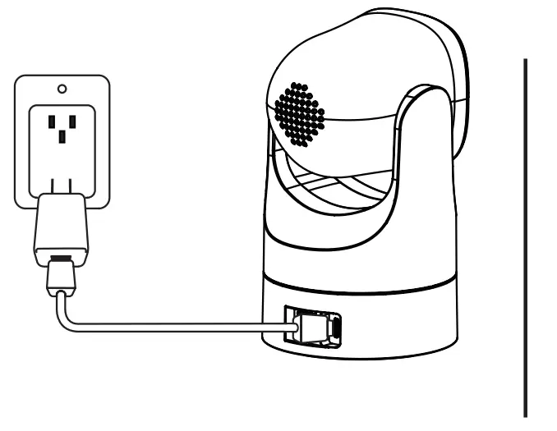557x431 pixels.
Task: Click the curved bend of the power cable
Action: [x=62, y=316]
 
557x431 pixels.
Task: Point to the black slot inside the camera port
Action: [x=335, y=329]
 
